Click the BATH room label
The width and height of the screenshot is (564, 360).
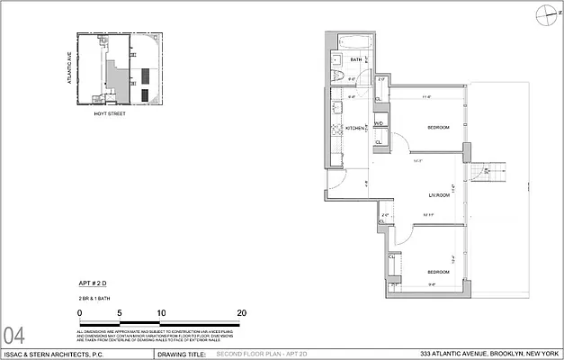pos(355,60)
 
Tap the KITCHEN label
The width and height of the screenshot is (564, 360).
pos(355,129)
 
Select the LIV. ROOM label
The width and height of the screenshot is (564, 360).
pos(439,194)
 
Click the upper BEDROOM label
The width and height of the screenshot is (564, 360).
pos(438,127)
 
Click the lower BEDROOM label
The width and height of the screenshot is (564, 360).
pos(438,271)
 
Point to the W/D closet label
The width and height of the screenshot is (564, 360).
pos(379,123)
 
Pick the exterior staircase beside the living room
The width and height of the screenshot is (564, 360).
pos(488,168)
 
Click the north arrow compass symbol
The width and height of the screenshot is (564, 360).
pos(542,13)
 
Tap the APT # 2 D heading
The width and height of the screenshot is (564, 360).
pos(92,283)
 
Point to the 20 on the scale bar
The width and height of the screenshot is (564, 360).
pos(241,311)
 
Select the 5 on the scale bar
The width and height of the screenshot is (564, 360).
pos(120,311)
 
